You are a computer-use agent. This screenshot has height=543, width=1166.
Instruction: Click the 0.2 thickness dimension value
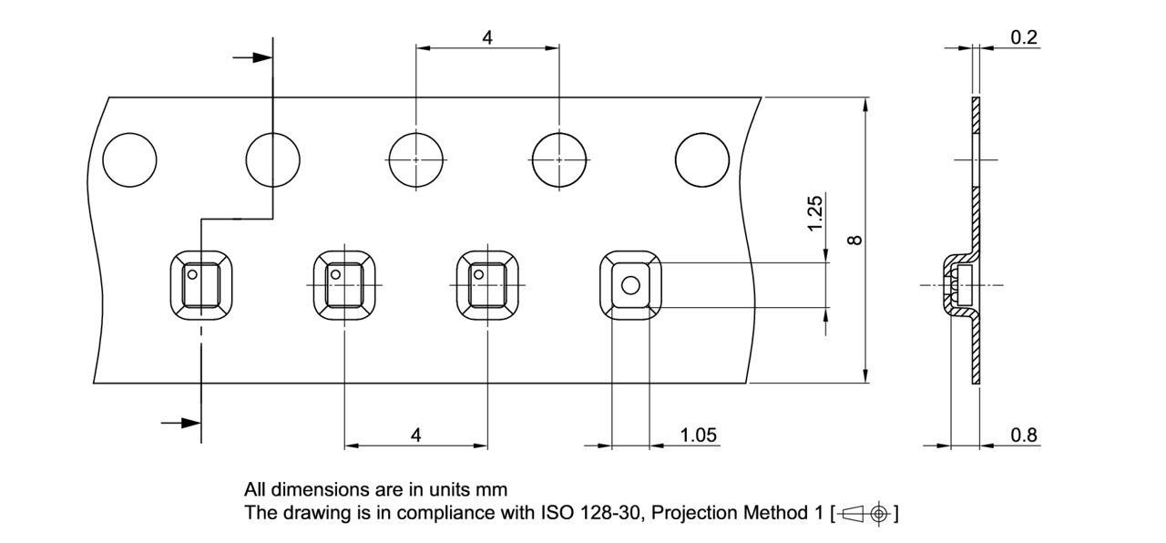click(1024, 37)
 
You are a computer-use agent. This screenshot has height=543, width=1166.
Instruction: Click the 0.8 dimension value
click(1024, 435)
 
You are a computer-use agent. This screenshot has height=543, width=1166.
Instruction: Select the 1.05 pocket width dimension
click(699, 435)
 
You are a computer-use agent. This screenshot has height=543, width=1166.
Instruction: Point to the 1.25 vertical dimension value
click(815, 213)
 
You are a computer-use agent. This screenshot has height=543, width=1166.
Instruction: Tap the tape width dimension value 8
click(854, 240)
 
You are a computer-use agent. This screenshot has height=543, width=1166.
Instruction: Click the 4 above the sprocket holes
click(487, 38)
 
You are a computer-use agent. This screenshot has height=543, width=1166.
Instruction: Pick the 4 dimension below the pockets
click(416, 435)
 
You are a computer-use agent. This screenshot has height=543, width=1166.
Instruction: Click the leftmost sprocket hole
click(129, 159)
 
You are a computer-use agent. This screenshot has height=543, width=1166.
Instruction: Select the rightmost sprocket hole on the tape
click(702, 159)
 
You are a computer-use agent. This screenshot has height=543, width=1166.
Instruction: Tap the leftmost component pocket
click(201, 285)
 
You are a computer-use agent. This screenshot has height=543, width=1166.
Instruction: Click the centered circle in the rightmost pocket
click(629, 286)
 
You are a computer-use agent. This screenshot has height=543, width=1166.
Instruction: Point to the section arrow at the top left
click(253, 57)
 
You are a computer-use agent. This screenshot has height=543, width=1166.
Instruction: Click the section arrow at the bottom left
click(180, 422)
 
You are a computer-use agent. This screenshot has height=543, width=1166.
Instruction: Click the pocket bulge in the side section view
click(956, 285)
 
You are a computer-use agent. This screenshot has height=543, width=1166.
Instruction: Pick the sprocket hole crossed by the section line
click(272, 159)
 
